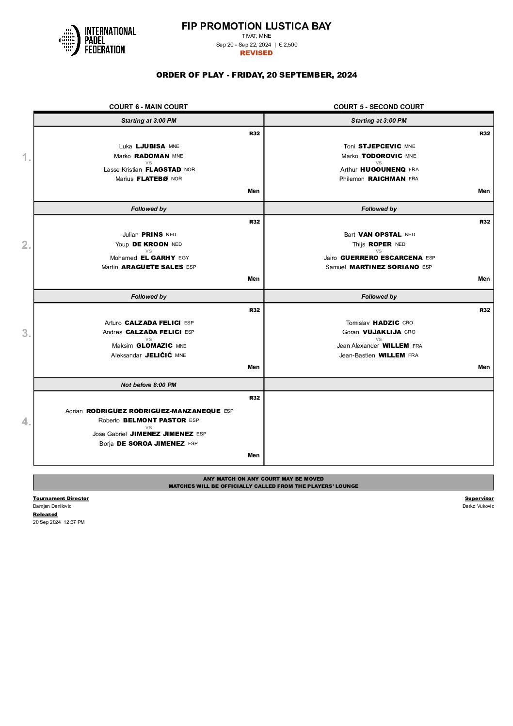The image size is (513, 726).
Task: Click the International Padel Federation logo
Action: click(x=97, y=40)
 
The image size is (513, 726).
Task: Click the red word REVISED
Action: click(x=256, y=53)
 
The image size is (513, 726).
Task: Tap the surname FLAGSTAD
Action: click(x=163, y=170)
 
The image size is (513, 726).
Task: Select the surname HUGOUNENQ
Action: click(x=383, y=170)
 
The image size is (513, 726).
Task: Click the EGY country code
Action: click(x=184, y=258)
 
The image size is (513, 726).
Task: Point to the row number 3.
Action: click(x=26, y=334)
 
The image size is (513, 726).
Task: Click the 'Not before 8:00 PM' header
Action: click(x=148, y=385)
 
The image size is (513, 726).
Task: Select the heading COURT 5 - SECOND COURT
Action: click(x=378, y=107)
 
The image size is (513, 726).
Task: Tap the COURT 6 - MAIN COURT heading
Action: click(x=148, y=107)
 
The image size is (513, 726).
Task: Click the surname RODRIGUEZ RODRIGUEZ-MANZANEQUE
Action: click(x=153, y=411)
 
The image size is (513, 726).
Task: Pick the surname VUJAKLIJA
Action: click(x=382, y=332)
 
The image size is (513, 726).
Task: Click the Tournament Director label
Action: click(x=61, y=499)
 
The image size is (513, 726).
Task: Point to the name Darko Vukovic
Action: click(x=478, y=506)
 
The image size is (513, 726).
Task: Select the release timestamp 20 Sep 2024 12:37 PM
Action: click(x=59, y=522)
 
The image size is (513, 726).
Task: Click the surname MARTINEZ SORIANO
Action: click(x=384, y=267)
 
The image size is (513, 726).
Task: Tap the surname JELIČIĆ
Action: click(x=158, y=355)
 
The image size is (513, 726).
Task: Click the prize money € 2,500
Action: click(x=288, y=45)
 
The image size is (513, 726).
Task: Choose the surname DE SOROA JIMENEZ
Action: click(x=150, y=444)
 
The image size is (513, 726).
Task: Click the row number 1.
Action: click(x=26, y=158)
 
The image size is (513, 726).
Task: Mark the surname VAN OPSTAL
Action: click(x=380, y=235)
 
